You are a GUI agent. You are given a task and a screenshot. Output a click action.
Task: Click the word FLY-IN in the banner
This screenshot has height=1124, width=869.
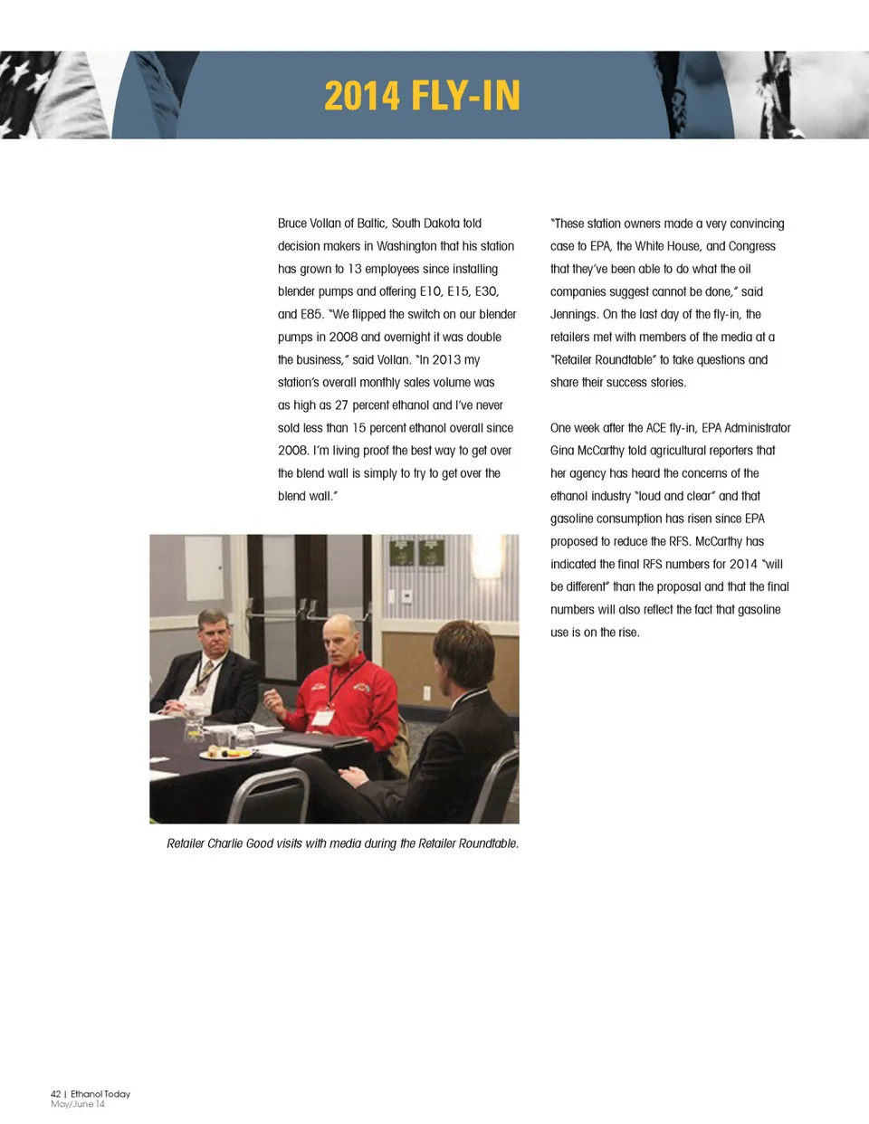[465, 96]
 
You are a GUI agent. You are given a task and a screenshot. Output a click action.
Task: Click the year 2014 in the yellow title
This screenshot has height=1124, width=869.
[361, 96]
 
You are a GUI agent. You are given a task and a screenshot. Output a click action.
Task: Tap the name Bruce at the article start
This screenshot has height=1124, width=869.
[292, 224]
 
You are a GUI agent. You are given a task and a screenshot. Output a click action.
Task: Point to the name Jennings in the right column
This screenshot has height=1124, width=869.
[574, 314]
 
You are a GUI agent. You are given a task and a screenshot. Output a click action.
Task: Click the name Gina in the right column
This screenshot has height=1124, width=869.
[563, 451]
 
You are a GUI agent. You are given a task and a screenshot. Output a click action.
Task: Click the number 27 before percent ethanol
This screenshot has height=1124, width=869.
[341, 405]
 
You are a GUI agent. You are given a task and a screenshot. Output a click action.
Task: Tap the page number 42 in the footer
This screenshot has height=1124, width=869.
[56, 1094]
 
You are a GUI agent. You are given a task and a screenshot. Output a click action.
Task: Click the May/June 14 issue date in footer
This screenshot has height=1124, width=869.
[78, 1104]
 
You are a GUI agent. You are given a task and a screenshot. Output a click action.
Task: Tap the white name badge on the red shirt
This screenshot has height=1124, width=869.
[323, 717]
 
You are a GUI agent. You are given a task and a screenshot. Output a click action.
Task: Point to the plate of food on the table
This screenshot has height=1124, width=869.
[226, 753]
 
